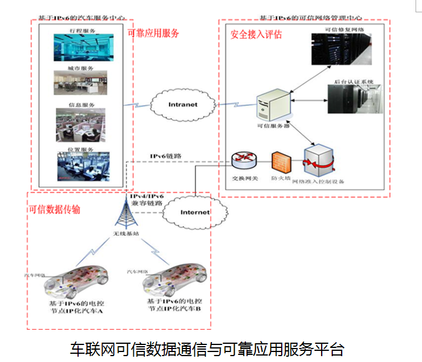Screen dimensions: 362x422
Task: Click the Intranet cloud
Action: pyautogui.click(x=183, y=104)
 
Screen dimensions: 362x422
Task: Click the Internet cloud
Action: pyautogui.click(x=194, y=212)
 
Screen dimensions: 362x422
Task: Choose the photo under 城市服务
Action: pyautogui.click(x=82, y=83)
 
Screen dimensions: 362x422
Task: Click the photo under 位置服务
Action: pyautogui.click(x=82, y=167)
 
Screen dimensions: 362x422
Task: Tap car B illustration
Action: pyautogui.click(x=174, y=280)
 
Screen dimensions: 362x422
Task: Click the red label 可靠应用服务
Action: pyautogui.click(x=154, y=33)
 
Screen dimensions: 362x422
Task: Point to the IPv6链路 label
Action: pyautogui.click(x=166, y=156)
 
